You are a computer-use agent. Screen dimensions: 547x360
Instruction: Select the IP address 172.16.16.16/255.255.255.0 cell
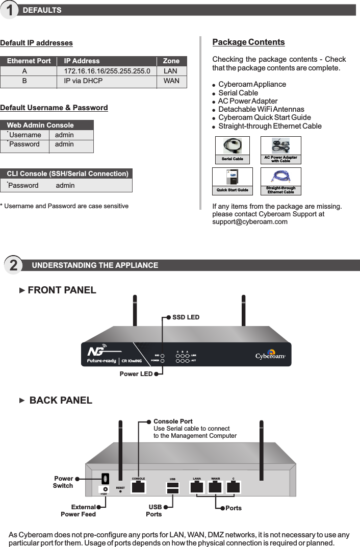[x=107, y=71]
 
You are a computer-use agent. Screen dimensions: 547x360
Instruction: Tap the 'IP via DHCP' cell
[x=83, y=81]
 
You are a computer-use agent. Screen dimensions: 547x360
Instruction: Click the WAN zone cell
[x=171, y=81]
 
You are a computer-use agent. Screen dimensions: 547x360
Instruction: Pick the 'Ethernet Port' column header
[x=29, y=61]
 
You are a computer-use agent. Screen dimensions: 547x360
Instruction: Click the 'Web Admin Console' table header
[x=40, y=125]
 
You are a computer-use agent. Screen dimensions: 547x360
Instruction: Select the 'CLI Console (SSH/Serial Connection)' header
[x=67, y=173]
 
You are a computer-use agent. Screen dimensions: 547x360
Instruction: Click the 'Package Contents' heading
[x=248, y=42]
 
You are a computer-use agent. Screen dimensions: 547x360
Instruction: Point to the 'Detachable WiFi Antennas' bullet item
[x=261, y=109]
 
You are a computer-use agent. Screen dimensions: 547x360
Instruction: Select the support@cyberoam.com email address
[x=249, y=222]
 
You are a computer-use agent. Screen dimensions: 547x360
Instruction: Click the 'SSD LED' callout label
[x=186, y=317]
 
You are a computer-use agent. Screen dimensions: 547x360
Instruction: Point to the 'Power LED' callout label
[x=136, y=374]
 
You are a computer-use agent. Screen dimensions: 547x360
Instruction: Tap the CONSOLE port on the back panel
[x=138, y=487]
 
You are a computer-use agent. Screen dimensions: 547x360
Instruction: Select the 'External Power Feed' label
[x=78, y=511]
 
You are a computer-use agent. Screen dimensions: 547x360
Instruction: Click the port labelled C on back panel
[x=233, y=487]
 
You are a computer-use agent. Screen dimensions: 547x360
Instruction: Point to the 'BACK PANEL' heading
[x=61, y=401]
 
